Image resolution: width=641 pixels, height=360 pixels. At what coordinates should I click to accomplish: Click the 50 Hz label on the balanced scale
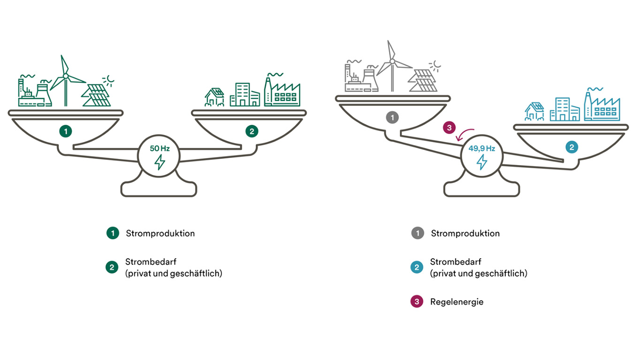160,148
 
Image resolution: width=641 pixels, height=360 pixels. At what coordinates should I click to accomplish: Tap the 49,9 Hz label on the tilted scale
482,149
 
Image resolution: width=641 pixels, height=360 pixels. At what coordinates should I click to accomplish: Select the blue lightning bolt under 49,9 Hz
482,162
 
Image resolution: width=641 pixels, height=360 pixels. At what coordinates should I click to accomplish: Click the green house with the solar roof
214,97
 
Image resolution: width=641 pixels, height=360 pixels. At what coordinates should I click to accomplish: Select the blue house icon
534,112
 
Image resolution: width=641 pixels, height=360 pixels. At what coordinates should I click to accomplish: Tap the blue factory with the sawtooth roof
602,106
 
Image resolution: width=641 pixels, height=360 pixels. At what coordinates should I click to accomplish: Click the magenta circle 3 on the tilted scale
449,127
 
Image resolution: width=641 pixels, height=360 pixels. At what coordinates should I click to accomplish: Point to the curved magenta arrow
466,135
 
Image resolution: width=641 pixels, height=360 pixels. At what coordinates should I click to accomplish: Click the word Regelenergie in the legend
457,302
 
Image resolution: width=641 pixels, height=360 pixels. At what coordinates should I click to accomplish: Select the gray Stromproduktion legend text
465,233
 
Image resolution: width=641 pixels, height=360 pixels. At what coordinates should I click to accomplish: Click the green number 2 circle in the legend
112,268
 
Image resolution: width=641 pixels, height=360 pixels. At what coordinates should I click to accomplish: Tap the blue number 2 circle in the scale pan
572,147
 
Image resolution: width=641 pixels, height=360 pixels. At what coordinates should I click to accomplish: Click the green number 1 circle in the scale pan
66,132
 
